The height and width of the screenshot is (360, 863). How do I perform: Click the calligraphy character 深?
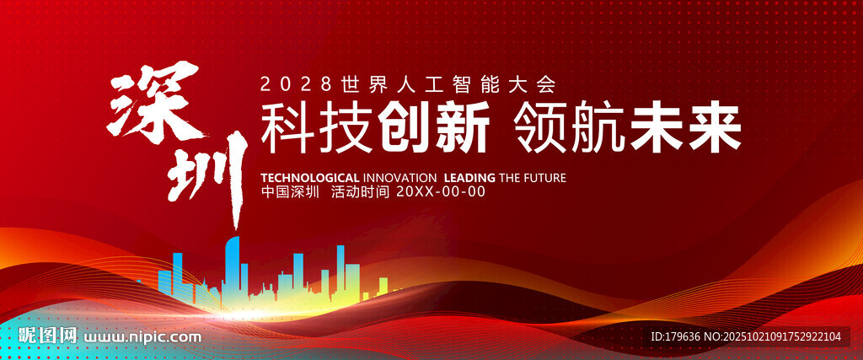tap(156, 104)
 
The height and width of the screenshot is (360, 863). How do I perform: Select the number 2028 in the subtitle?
tap(297, 84)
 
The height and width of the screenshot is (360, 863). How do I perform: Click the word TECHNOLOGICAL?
tap(310, 178)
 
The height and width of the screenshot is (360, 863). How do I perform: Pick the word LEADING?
tap(469, 178)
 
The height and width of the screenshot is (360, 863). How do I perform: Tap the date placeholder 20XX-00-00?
tap(441, 192)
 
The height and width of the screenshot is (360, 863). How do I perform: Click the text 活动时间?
tap(360, 192)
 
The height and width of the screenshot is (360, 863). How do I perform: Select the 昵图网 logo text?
tap(47, 336)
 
